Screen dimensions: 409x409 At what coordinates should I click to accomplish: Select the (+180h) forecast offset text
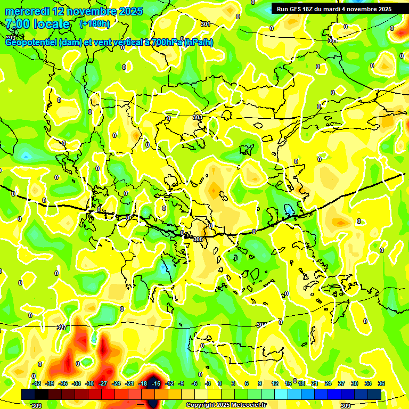95,23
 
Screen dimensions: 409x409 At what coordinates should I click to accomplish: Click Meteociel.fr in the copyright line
248,405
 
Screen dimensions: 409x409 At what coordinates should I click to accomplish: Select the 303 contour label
198,117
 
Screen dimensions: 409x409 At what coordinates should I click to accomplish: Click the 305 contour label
198,239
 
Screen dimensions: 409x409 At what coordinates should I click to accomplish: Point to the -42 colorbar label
37,383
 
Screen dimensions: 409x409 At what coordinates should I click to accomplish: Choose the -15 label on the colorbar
156,383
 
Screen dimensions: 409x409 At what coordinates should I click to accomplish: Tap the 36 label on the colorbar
381,383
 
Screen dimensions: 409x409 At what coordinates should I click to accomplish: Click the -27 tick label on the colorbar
103,383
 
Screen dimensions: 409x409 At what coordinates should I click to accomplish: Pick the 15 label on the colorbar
288,383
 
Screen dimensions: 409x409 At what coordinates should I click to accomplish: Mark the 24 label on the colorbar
328,383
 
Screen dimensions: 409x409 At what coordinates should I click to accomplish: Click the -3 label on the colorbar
208,383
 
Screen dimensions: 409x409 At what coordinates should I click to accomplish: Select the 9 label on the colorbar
260,383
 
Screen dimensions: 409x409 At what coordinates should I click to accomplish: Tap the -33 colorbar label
77,383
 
